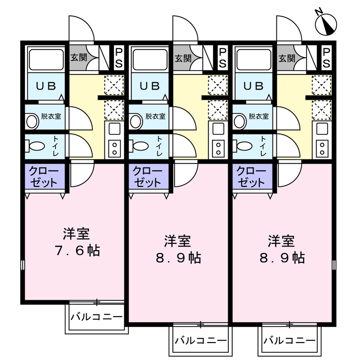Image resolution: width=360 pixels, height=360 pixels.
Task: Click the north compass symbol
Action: pyautogui.click(x=326, y=24)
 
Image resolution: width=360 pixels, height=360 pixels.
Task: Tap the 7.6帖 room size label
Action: pyautogui.click(x=77, y=251)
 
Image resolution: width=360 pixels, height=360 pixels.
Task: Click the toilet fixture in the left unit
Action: pyautogui.click(x=34, y=146)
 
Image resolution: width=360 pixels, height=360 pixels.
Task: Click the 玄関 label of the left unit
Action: pyautogui.click(x=78, y=58)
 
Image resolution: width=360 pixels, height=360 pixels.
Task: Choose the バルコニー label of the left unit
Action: pyautogui.click(x=96, y=317)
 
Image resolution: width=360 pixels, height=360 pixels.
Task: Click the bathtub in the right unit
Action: pyautogui.click(x=254, y=59)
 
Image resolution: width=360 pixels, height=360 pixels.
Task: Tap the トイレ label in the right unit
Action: pyautogui.click(x=264, y=146)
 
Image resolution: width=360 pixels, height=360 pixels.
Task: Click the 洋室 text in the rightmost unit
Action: pyautogui.click(x=281, y=241)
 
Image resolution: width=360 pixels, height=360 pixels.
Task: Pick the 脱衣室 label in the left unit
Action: pyautogui.click(x=51, y=116)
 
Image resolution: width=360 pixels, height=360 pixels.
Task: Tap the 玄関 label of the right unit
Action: pyautogui.click(x=286, y=58)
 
